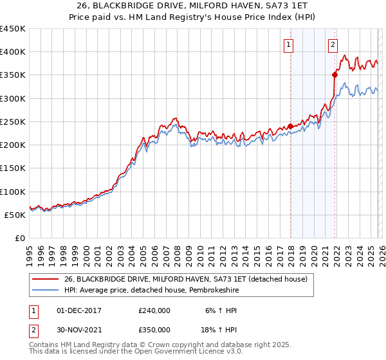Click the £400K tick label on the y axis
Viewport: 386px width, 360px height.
point(13,52)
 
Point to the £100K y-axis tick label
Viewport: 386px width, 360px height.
point(13,192)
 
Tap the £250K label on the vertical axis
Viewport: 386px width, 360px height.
point(13,122)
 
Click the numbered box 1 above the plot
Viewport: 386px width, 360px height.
point(287,45)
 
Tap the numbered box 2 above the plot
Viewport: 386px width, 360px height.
point(333,45)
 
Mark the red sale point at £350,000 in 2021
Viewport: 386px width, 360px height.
point(335,75)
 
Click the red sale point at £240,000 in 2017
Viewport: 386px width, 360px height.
point(290,127)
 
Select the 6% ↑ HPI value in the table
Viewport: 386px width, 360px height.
point(218,310)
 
